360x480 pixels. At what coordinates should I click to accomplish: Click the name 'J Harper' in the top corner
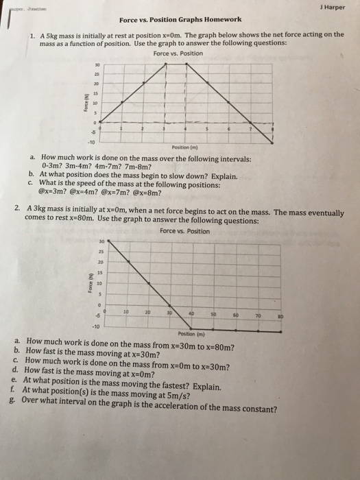click(x=334, y=8)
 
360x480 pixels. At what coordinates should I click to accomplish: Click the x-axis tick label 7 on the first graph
click(x=250, y=129)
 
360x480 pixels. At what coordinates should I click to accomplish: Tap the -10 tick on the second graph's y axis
click(x=99, y=326)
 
